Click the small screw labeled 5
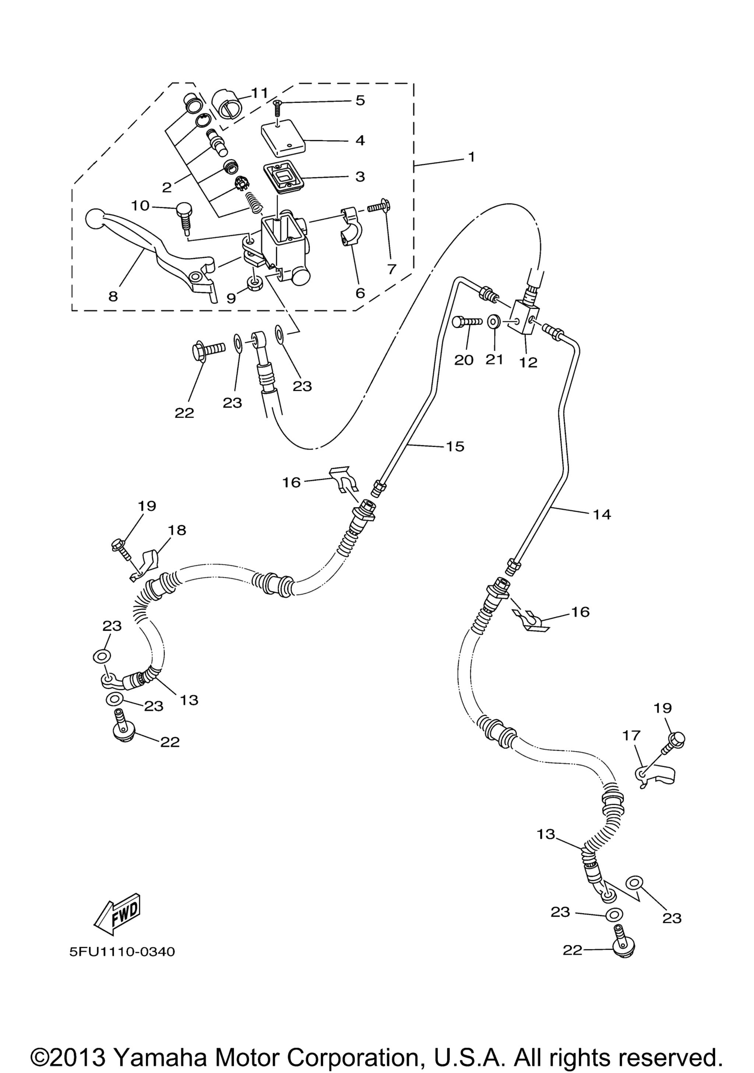point(277,110)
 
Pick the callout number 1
point(471,156)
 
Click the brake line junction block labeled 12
point(527,317)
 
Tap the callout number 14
point(602,514)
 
